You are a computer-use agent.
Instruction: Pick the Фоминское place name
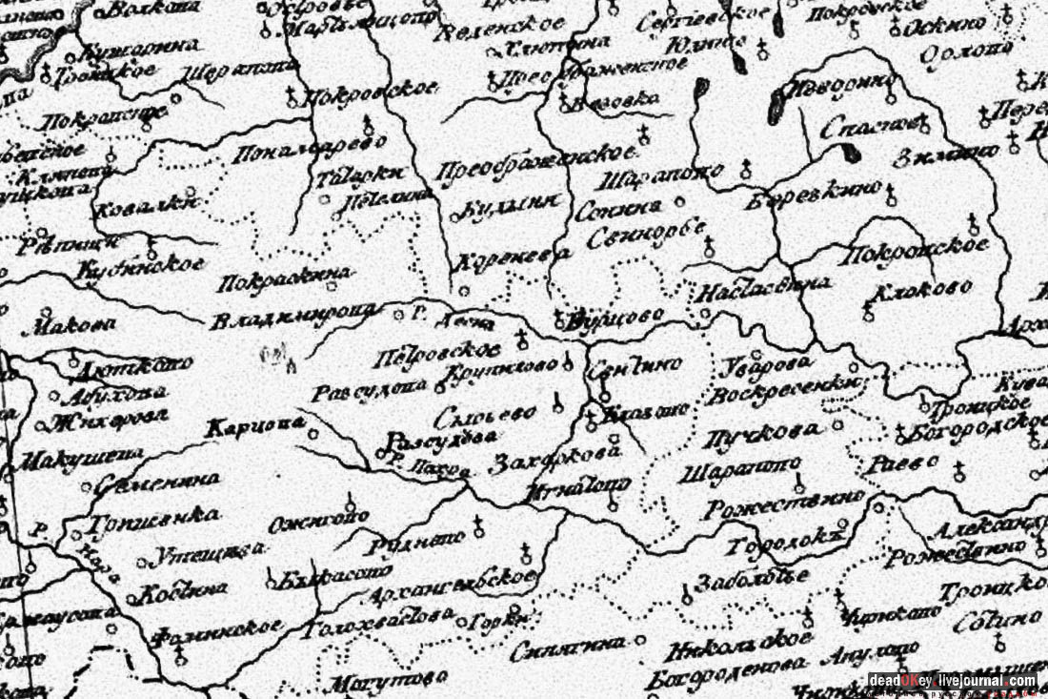coord(218,629)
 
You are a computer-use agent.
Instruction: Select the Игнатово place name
coord(577,486)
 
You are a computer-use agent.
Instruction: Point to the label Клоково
coord(923,287)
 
